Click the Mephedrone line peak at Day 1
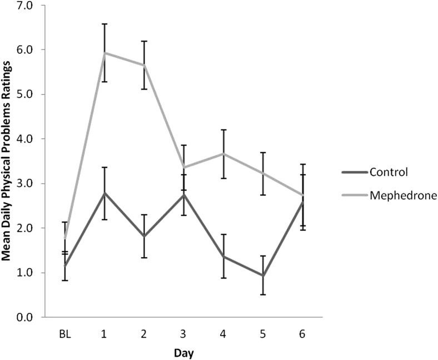pos(104,53)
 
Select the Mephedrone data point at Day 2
pos(143,65)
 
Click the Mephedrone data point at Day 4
pos(222,154)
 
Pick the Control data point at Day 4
pos(222,257)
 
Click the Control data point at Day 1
pos(104,193)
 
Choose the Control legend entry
pos(387,171)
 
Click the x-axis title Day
pos(183,353)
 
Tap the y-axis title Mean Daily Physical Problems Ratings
pos(8,161)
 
